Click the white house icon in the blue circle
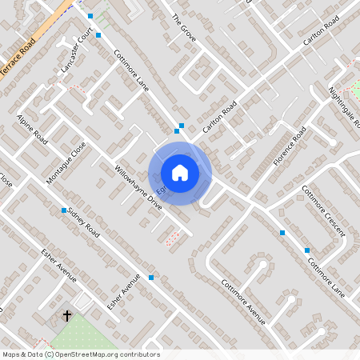(x=180, y=173)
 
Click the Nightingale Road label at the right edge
(x=345, y=108)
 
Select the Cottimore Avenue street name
(x=243, y=302)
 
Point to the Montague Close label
(x=66, y=163)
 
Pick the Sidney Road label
(x=83, y=221)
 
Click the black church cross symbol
(x=67, y=316)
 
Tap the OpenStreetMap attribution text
(x=81, y=354)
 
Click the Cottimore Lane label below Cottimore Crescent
(x=330, y=274)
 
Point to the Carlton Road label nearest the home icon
(x=220, y=118)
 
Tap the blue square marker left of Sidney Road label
(x=64, y=210)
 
